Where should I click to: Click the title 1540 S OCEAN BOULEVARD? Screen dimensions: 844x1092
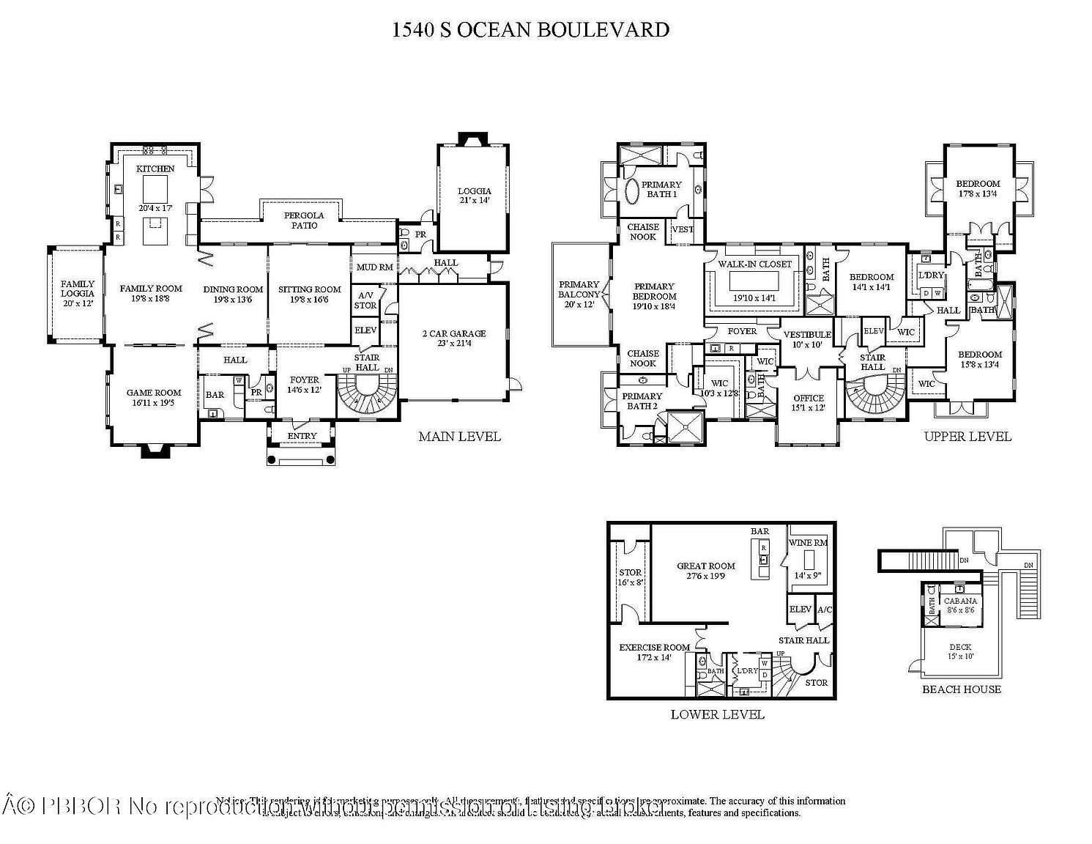click(x=530, y=30)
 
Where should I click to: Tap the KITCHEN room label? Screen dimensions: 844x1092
click(x=155, y=169)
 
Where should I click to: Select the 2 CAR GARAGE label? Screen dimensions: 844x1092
click(x=453, y=333)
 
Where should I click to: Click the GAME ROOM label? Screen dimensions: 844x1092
click(x=154, y=393)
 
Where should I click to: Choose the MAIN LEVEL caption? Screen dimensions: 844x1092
click(x=459, y=437)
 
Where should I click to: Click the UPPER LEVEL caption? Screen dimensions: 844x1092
click(x=967, y=437)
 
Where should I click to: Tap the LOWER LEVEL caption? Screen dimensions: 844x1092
click(x=717, y=714)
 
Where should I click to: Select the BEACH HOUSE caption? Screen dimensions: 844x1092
click(x=961, y=689)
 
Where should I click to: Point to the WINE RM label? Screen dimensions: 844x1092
click(x=808, y=543)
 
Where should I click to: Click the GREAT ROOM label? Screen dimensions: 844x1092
click(x=705, y=566)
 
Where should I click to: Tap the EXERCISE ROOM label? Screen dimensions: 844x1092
click(x=654, y=648)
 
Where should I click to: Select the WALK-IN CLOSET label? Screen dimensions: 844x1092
click(x=754, y=264)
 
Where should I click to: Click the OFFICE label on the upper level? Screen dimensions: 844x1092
click(x=808, y=398)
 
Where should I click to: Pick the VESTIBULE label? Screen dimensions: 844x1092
click(x=807, y=335)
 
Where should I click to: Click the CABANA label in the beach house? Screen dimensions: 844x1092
click(x=959, y=601)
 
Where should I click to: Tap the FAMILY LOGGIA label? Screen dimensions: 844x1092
click(x=77, y=289)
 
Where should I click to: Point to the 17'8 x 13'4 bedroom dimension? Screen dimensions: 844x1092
click(x=977, y=193)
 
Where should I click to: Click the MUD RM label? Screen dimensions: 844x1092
click(x=374, y=267)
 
